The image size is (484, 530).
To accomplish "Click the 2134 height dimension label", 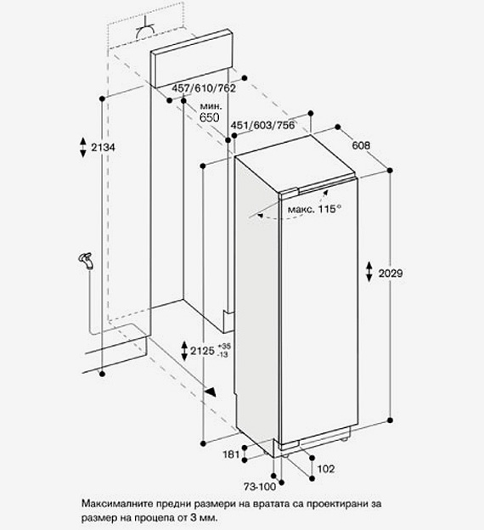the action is (103, 148).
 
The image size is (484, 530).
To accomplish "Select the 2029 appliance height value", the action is (391, 273).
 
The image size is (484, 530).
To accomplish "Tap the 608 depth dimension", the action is (361, 145).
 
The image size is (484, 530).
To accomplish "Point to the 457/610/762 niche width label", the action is (204, 88).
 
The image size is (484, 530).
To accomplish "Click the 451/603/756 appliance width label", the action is (262, 125).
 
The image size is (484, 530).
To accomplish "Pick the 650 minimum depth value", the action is (209, 117).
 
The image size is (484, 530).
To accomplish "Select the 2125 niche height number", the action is (202, 351).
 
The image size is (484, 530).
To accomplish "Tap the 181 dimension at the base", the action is (231, 454).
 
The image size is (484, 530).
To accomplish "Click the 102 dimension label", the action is (326, 469).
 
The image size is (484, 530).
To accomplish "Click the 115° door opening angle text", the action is (329, 209).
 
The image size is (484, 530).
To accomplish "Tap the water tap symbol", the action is (86, 261).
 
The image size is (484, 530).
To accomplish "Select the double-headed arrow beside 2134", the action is (83, 148).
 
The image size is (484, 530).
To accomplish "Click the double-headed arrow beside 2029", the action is (369, 272).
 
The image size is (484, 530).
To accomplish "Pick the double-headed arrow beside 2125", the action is (184, 351).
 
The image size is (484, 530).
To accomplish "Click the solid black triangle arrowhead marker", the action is (211, 392).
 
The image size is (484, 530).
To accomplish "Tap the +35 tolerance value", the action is (224, 347).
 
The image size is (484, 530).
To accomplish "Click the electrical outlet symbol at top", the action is (146, 30).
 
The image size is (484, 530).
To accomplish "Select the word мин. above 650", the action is (211, 106).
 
